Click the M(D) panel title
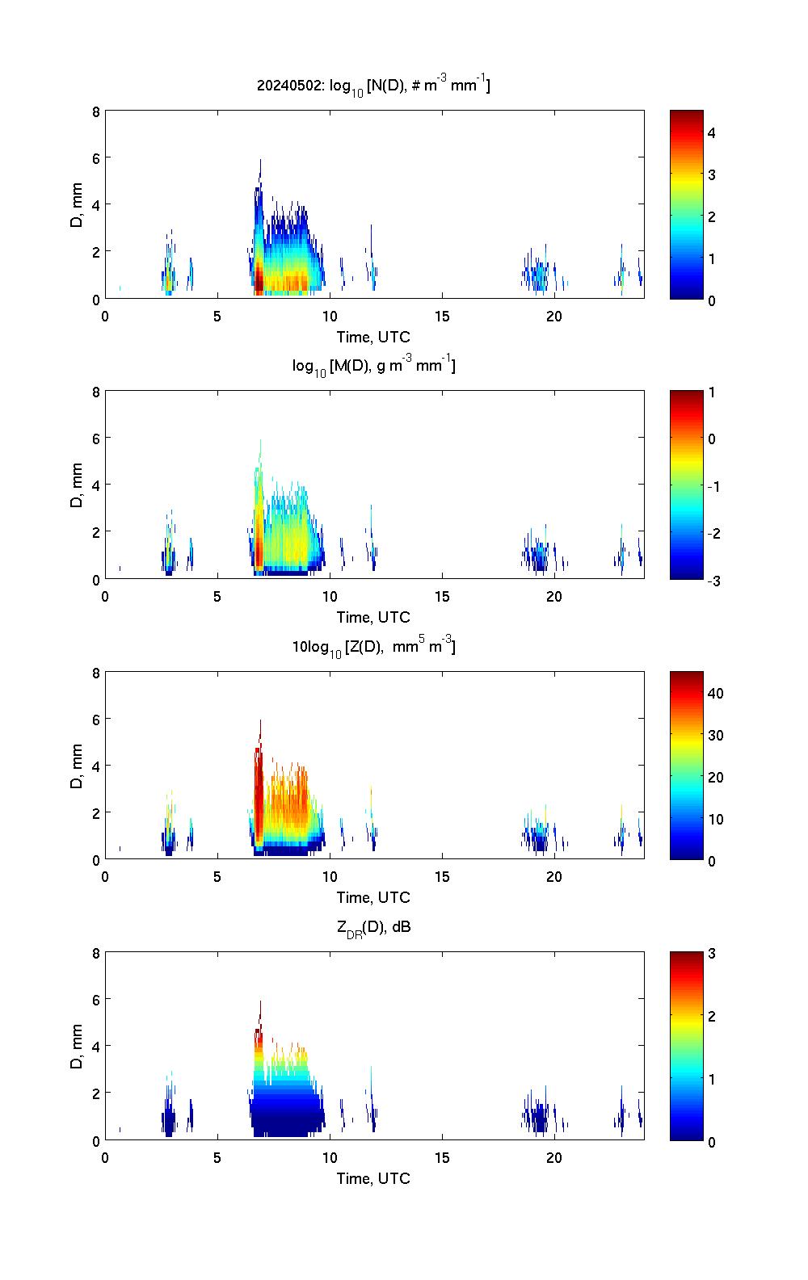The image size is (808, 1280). [x=373, y=366]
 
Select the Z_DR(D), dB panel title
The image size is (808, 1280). [x=373, y=927]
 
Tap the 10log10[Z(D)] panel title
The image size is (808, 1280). [x=373, y=647]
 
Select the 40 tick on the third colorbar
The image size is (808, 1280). [x=715, y=693]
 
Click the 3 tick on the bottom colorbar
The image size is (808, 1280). [x=712, y=954]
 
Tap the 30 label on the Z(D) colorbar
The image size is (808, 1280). [x=715, y=735]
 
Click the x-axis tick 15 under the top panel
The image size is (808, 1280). [x=442, y=317]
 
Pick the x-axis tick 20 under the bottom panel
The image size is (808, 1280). [x=554, y=1158]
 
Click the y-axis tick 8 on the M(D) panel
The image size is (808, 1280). [x=96, y=392]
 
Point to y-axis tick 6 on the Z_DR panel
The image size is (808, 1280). [x=96, y=1000]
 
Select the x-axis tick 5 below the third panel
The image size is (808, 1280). [x=217, y=878]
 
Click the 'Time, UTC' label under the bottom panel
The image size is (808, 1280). [x=373, y=1178]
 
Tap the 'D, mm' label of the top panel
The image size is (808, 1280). [x=77, y=205]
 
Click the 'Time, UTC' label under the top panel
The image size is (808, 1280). [x=373, y=337]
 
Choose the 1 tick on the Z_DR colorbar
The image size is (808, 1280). [x=712, y=1079]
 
